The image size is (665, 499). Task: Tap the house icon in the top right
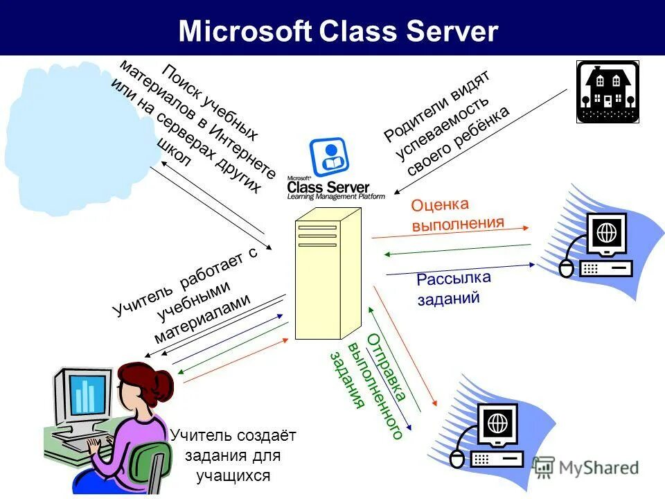pyautogui.click(x=607, y=91)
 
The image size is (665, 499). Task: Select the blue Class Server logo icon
pyautogui.click(x=329, y=157)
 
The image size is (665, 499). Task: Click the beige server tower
pyautogui.click(x=328, y=274)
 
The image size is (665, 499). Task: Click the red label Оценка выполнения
pyautogui.click(x=457, y=214)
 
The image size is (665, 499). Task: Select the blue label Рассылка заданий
pyautogui.click(x=454, y=288)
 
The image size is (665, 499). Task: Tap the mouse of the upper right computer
pyautogui.click(x=567, y=268)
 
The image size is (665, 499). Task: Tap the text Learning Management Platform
pyautogui.click(x=335, y=197)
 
